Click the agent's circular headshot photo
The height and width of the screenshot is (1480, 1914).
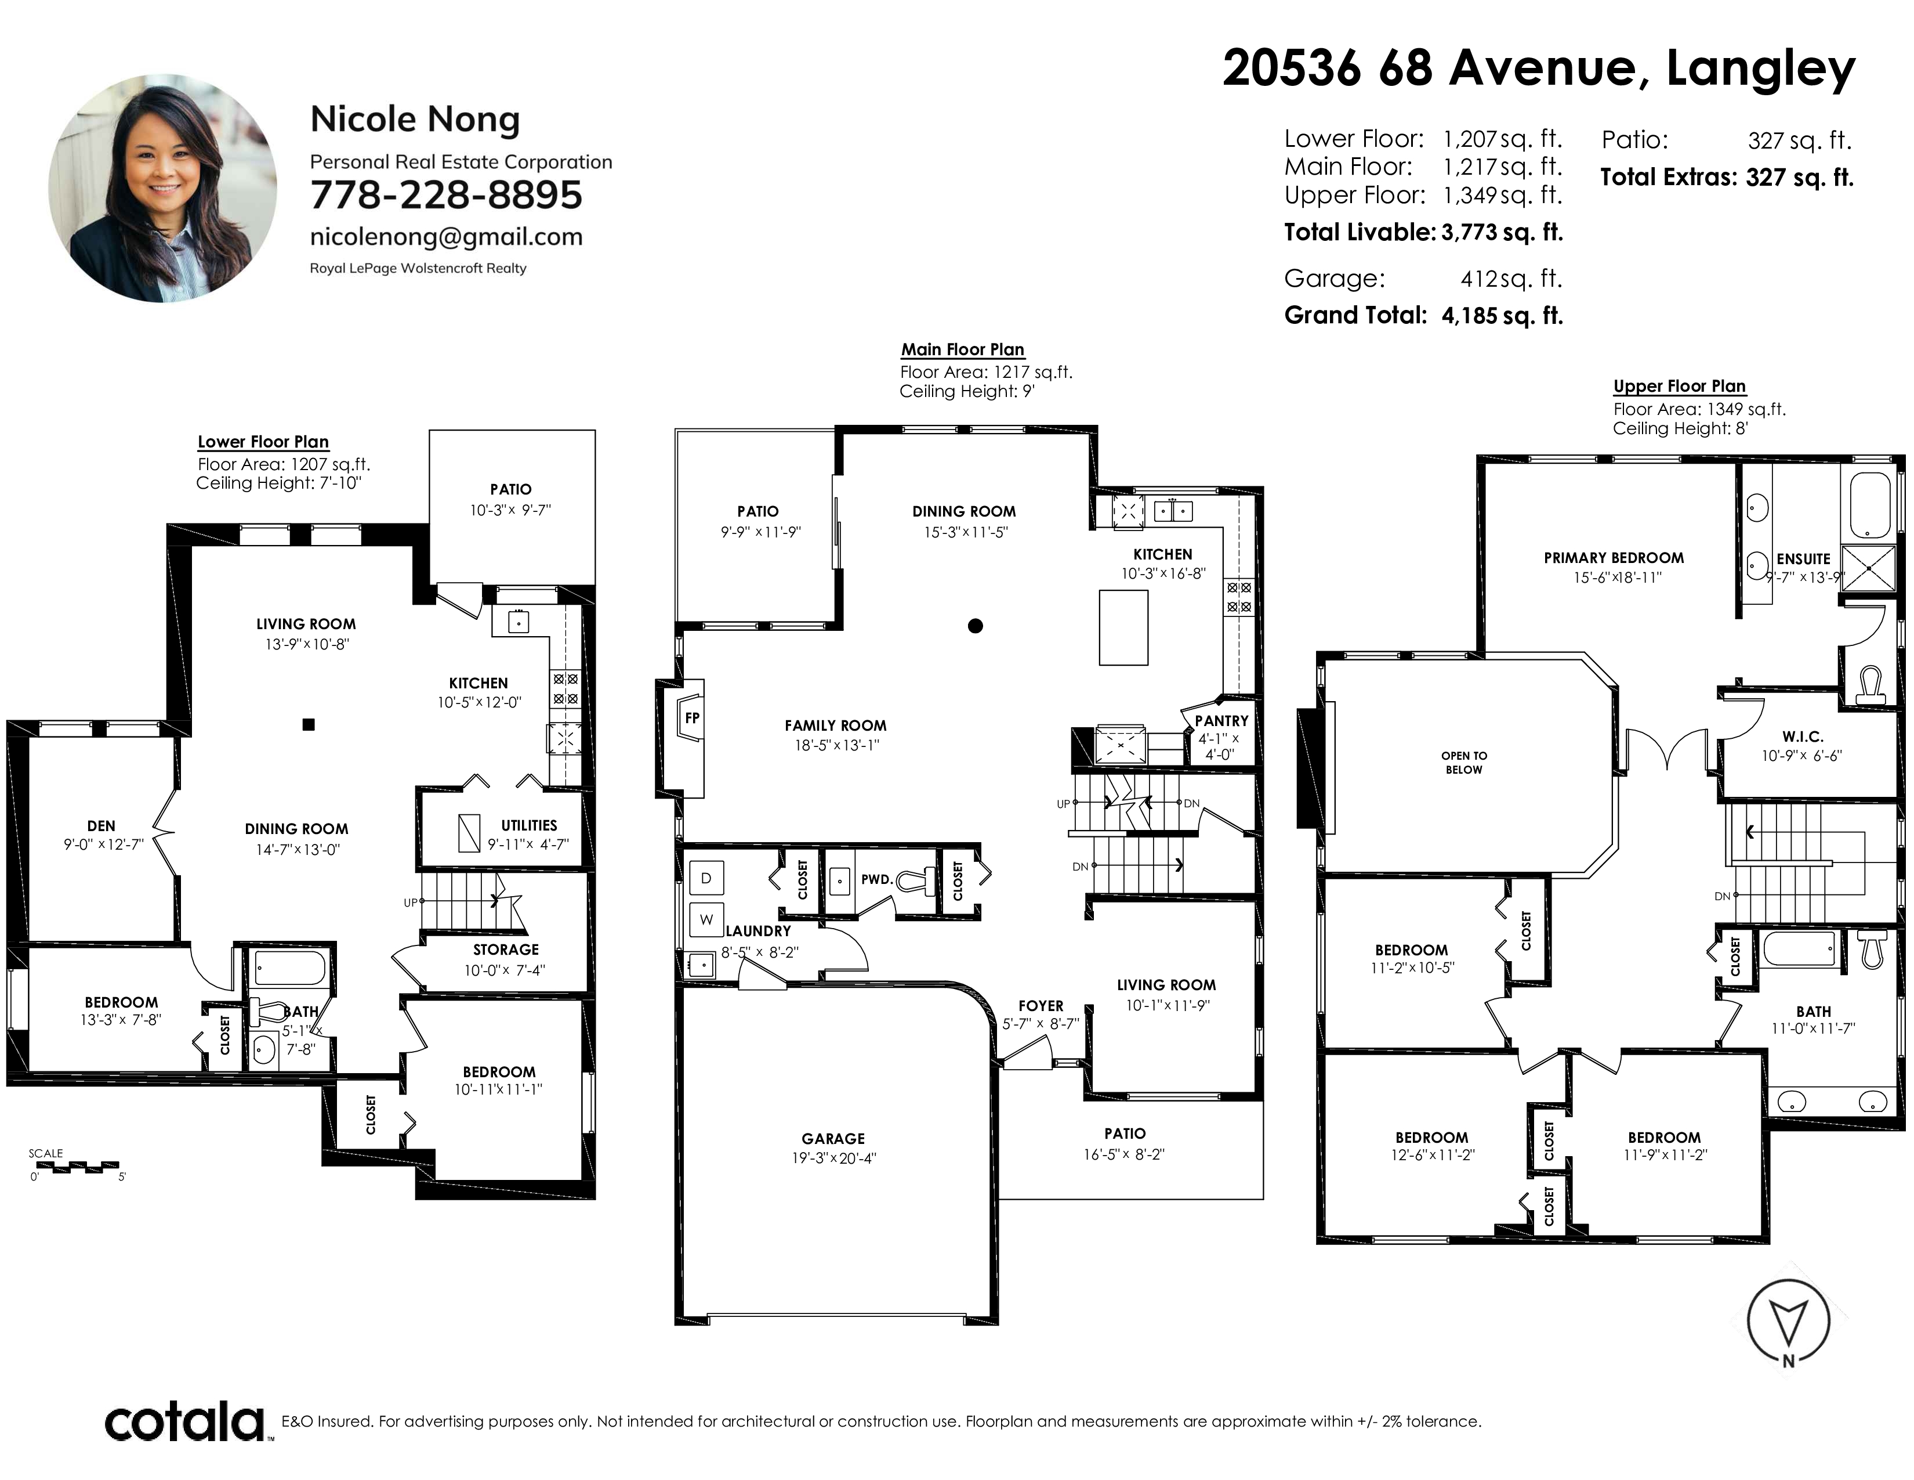coord(163,189)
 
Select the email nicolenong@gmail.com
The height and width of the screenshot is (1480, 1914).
coord(446,237)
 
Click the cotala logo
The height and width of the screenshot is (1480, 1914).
coord(186,1422)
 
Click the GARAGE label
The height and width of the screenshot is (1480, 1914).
coord(832,1138)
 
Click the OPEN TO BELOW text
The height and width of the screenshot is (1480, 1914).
coord(1463,763)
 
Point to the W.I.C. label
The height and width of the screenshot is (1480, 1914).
coord(1803,737)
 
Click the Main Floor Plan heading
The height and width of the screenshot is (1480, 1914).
coord(962,349)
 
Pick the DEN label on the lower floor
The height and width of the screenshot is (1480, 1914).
coord(101,825)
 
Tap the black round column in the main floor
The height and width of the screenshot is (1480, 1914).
coord(976,626)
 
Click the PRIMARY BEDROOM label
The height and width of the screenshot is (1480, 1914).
coord(1614,558)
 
